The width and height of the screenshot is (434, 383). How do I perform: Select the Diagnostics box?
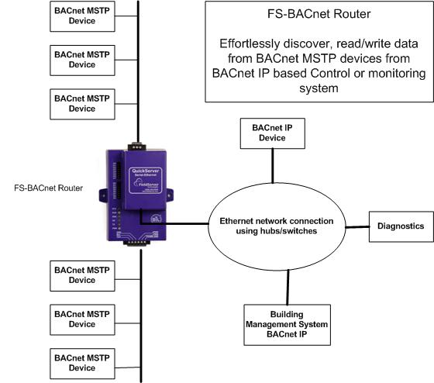point(398,226)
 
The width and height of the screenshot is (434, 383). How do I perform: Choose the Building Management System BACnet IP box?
point(287,324)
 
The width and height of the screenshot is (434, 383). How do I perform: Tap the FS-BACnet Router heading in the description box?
point(317,15)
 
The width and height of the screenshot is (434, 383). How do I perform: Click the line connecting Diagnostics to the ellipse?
point(356,226)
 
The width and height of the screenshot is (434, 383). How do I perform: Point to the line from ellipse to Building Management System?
point(287,287)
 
